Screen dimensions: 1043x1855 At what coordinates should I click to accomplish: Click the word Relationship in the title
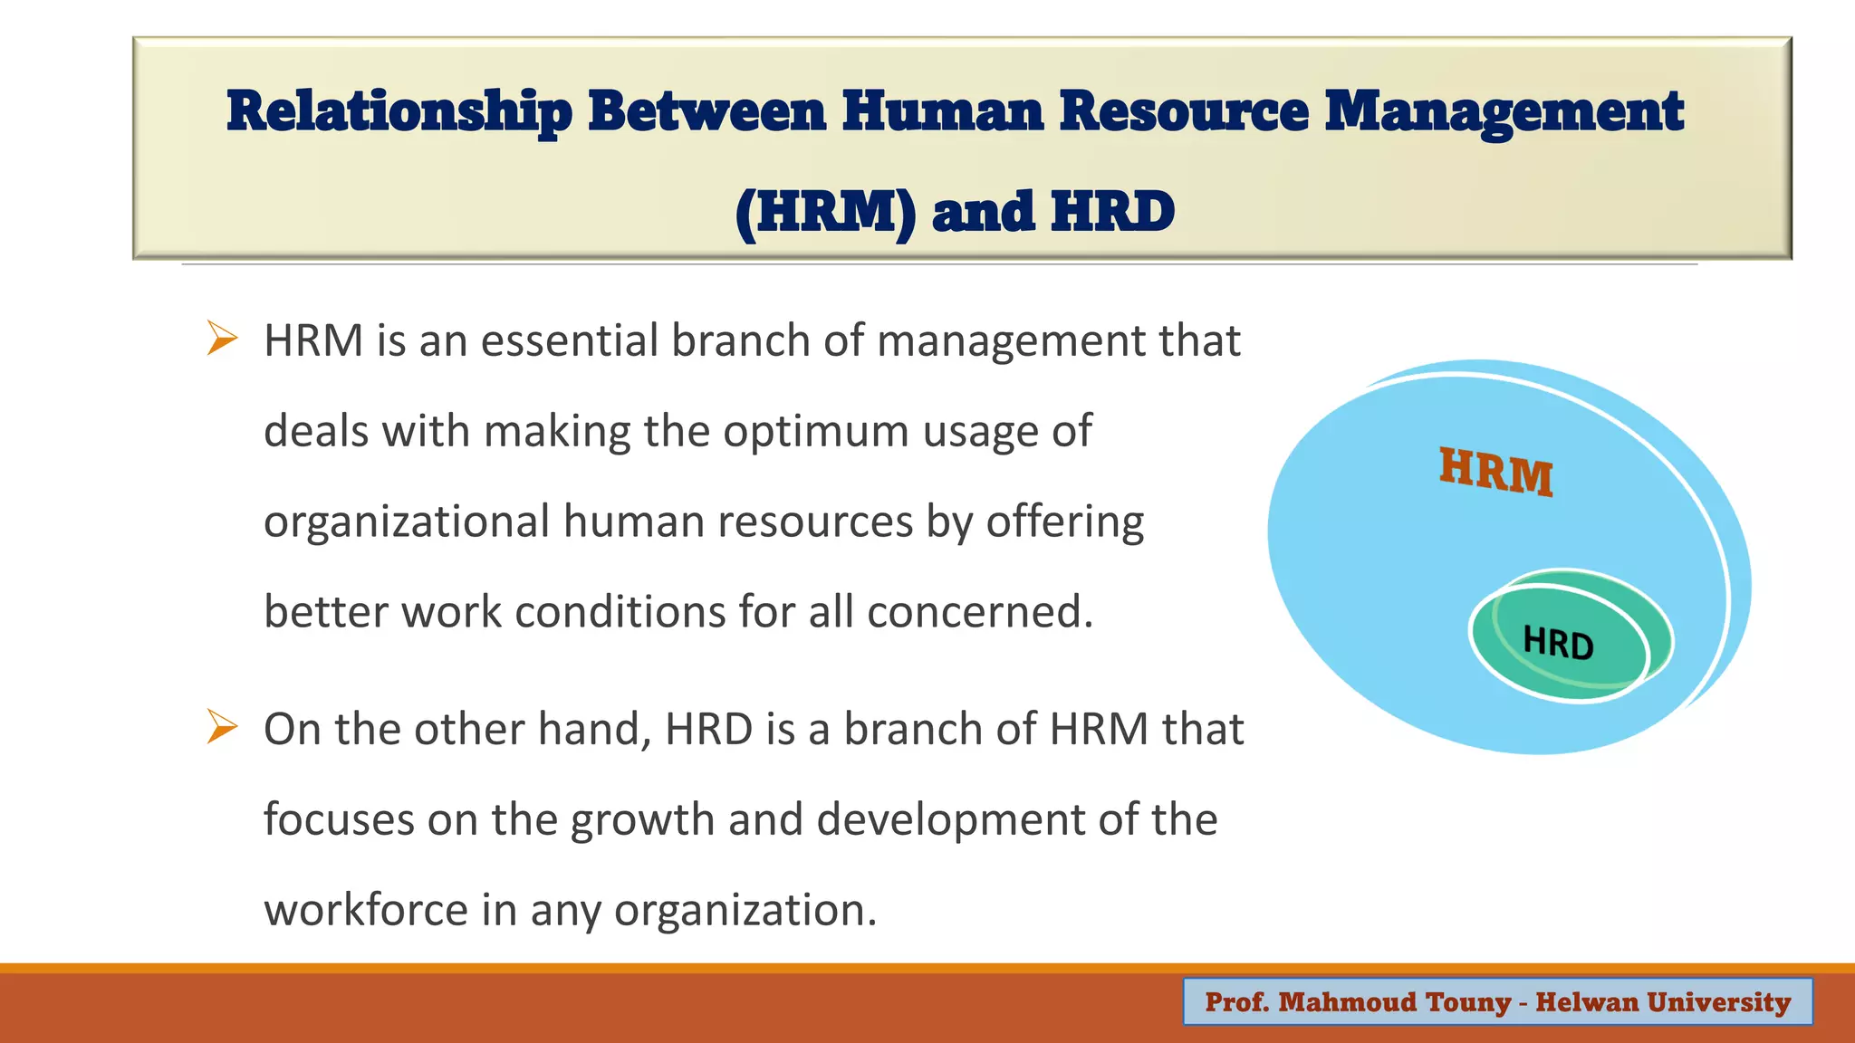click(x=399, y=112)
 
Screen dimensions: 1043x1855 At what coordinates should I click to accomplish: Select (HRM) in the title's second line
click(x=825, y=212)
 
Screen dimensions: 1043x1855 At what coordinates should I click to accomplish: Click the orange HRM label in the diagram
click(x=1496, y=472)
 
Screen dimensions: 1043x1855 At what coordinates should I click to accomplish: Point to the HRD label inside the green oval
click(x=1558, y=643)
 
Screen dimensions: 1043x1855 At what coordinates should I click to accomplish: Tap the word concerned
click(x=980, y=612)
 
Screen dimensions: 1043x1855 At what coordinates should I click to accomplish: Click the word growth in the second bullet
click(x=642, y=820)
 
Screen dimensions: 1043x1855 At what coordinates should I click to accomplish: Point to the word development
click(x=950, y=820)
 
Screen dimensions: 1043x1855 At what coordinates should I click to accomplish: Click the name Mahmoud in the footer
click(x=1348, y=1001)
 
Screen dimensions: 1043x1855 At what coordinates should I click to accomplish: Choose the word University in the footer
click(x=1718, y=1001)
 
